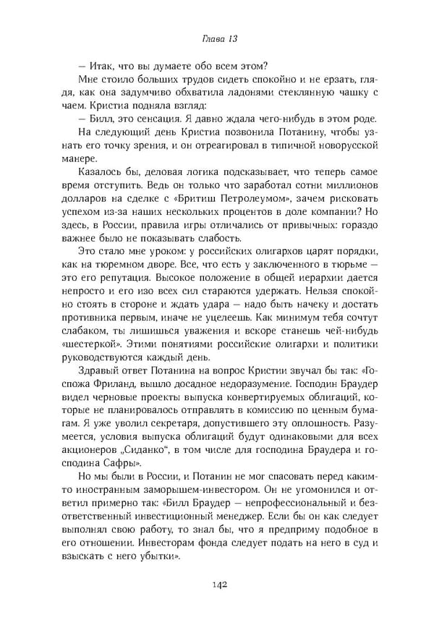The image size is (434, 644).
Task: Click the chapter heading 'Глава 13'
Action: point(217,38)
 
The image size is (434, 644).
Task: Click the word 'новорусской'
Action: point(350,147)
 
